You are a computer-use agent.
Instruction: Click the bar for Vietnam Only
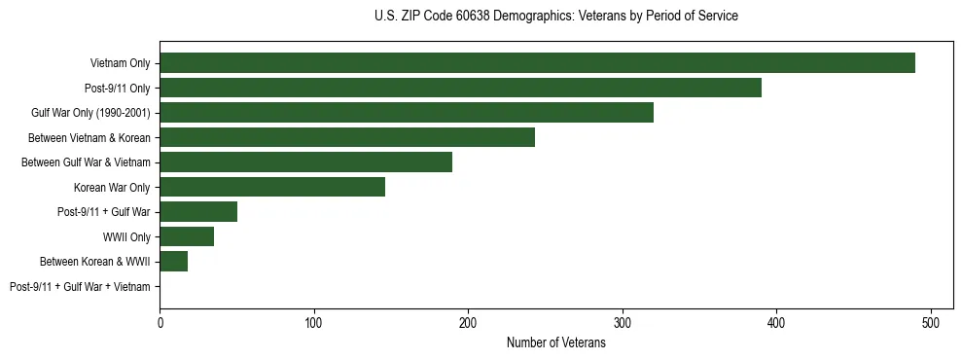tap(537, 63)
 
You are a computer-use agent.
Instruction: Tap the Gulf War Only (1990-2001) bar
tap(407, 113)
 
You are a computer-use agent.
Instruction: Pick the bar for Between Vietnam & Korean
tap(347, 137)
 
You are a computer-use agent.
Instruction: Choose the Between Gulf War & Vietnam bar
tap(305, 162)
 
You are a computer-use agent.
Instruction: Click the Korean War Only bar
tap(272, 187)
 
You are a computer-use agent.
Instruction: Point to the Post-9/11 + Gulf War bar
tap(198, 212)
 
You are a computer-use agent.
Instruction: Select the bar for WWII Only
tap(187, 236)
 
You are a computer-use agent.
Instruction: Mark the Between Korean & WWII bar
tap(173, 261)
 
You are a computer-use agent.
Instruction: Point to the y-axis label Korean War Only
tap(112, 187)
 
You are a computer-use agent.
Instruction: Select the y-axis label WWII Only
tap(126, 236)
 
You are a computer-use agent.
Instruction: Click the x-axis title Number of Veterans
tap(556, 342)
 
